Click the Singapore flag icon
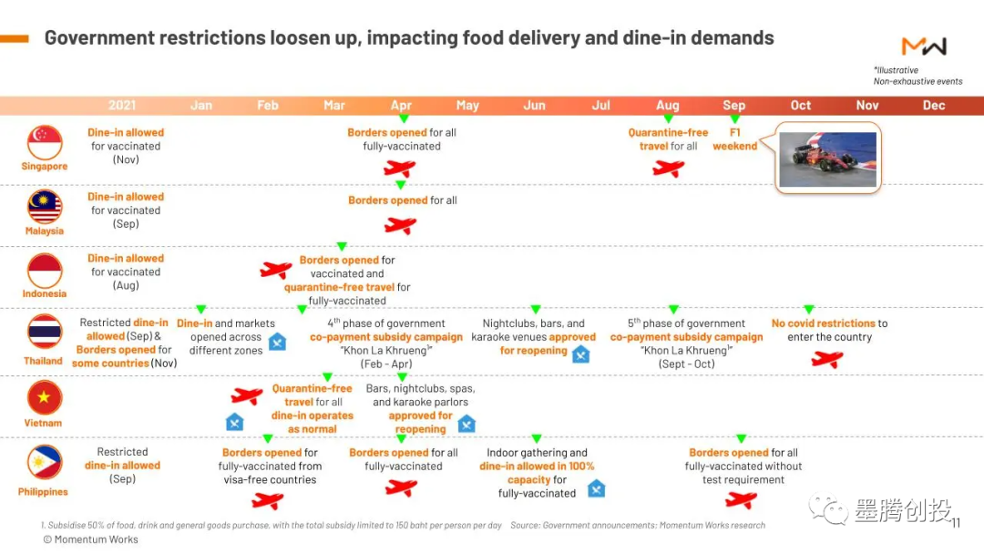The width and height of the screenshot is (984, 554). [x=45, y=142]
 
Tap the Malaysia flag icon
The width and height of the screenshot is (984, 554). [x=45, y=207]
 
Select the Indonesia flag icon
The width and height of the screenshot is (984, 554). [x=45, y=271]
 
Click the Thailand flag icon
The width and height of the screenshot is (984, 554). [x=45, y=332]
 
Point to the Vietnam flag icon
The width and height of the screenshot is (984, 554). [x=45, y=397]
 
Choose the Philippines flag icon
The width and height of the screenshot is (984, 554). [x=45, y=462]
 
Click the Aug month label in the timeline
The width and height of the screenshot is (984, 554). [x=668, y=106]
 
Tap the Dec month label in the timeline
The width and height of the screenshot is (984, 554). [x=934, y=106]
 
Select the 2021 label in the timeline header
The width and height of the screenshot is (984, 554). [x=122, y=106]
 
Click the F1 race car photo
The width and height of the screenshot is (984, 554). [x=827, y=159]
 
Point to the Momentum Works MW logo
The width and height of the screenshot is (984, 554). [x=924, y=46]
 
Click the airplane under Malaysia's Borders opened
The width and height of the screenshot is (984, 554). [x=400, y=225]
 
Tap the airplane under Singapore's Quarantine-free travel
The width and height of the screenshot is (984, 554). [x=668, y=169]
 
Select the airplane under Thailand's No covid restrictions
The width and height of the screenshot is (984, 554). [x=826, y=359]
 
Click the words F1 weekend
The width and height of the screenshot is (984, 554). [x=734, y=139]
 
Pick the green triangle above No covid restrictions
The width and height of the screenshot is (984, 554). [x=808, y=310]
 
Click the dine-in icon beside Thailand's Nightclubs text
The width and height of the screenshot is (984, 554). [x=580, y=354]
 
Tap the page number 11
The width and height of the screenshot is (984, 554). [x=956, y=523]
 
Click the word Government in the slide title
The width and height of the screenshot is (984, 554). [x=98, y=38]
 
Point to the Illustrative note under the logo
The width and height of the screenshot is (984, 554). [x=897, y=70]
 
